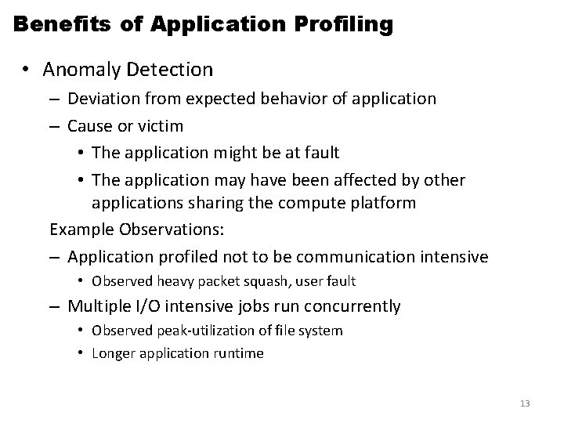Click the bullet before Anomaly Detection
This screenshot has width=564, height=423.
click(26, 70)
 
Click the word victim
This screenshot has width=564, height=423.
click(161, 125)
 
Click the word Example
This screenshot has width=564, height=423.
click(82, 231)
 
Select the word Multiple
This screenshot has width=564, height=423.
click(100, 305)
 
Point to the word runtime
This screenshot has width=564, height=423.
click(238, 353)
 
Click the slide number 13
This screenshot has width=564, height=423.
click(525, 403)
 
